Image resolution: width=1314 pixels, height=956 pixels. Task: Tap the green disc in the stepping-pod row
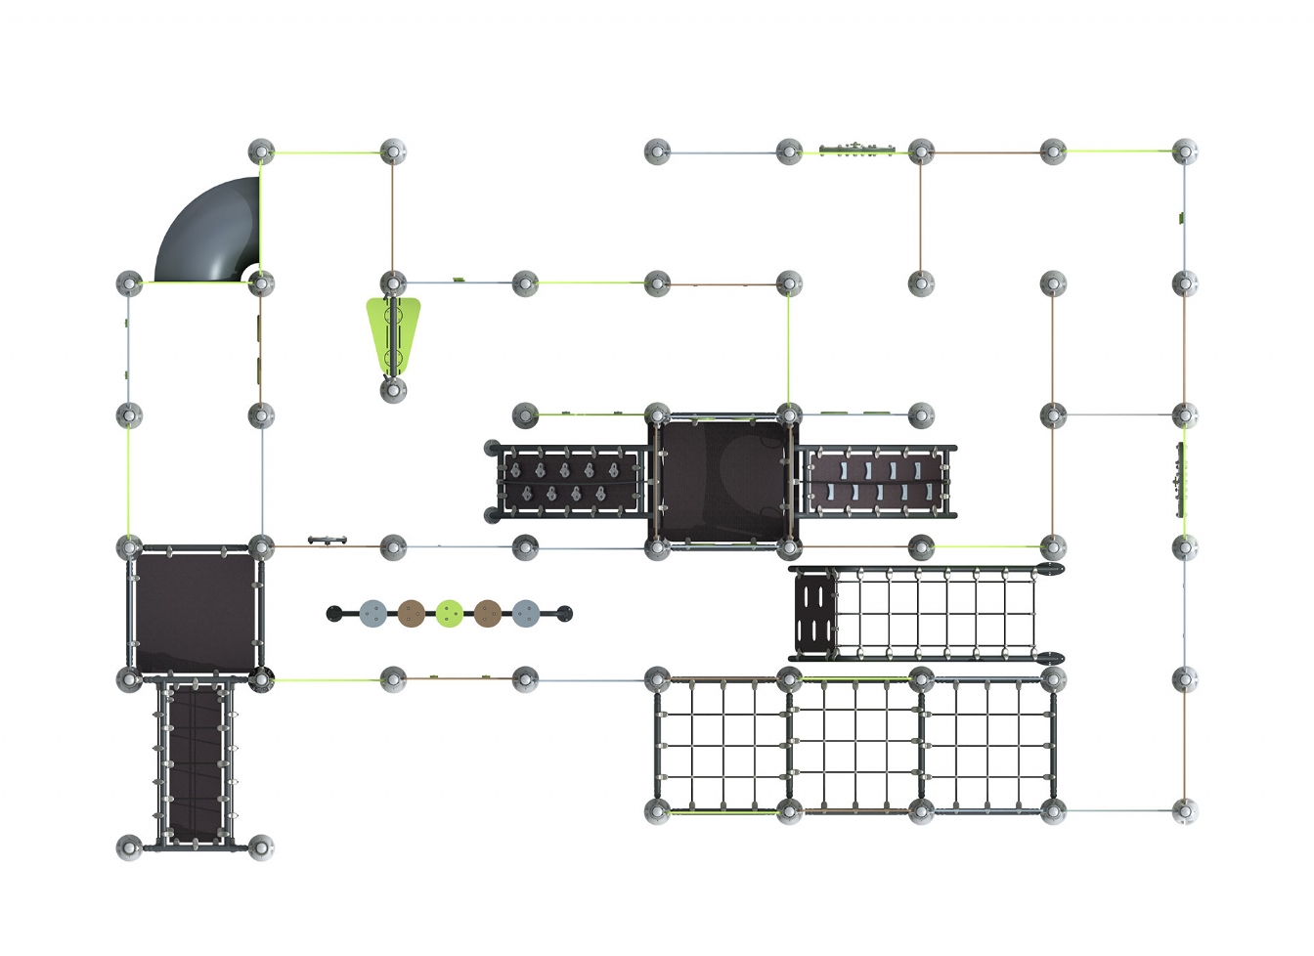point(450,614)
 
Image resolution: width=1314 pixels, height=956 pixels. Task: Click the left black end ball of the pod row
point(334,614)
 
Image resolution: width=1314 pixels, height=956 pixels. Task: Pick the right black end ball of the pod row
point(564,614)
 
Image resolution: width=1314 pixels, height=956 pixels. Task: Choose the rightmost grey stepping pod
point(526,614)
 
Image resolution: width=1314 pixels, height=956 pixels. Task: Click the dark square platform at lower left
point(196,611)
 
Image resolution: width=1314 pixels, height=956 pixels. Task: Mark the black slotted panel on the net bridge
point(813,613)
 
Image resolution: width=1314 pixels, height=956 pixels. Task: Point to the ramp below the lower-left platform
point(196,762)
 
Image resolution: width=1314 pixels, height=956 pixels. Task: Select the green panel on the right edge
point(1180,479)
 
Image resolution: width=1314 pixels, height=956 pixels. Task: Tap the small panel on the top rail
point(856,149)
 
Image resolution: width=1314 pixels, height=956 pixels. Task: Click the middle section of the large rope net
point(855,745)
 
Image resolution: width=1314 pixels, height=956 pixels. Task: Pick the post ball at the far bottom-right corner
point(1185,811)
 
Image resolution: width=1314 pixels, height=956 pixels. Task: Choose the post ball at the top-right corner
point(1185,152)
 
